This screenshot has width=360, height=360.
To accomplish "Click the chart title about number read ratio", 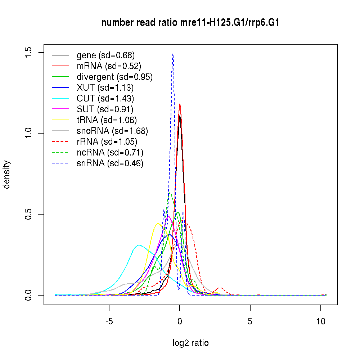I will tap(190, 23).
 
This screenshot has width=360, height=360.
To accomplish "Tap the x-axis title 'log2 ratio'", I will tap(190, 343).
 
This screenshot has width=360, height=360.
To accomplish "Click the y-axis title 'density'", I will tap(7, 175).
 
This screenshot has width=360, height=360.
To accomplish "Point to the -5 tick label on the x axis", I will tap(109, 321).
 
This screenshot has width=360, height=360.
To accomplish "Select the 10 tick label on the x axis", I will tap(321, 321).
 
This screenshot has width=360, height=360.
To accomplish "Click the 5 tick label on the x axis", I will tap(250, 321).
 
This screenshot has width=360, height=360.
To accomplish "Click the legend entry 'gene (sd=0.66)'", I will tap(105, 55).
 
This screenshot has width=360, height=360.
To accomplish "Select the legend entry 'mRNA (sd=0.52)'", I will tap(109, 66).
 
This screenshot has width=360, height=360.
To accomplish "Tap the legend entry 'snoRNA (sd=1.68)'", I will tap(112, 131).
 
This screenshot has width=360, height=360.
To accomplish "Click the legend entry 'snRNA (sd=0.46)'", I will tap(110, 163).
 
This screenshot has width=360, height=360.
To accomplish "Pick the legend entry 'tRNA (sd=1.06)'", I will tap(107, 120).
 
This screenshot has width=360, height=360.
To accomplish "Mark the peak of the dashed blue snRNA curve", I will tap(173, 54).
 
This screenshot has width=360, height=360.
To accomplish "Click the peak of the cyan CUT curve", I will tap(139, 245).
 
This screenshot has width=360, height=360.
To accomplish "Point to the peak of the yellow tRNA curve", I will tap(158, 224).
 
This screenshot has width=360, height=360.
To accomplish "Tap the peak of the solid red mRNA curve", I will tap(180, 104).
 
